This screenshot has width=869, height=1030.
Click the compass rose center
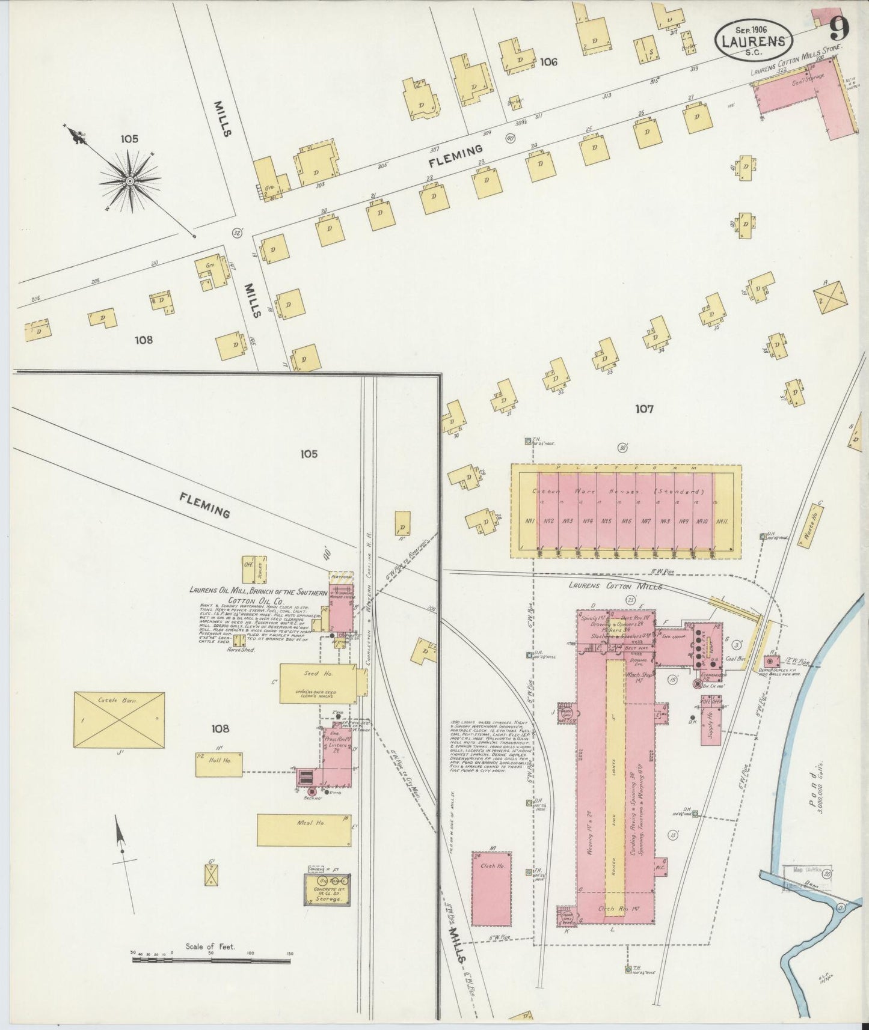129,180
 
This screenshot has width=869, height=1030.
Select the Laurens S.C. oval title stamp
752,40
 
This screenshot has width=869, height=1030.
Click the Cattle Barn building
119,720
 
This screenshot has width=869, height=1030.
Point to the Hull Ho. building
219,764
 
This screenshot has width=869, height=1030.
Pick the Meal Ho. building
304,830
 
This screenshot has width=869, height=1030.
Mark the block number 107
644,409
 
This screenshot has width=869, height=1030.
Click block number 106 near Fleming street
548,62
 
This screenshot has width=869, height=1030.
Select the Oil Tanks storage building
327,889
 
